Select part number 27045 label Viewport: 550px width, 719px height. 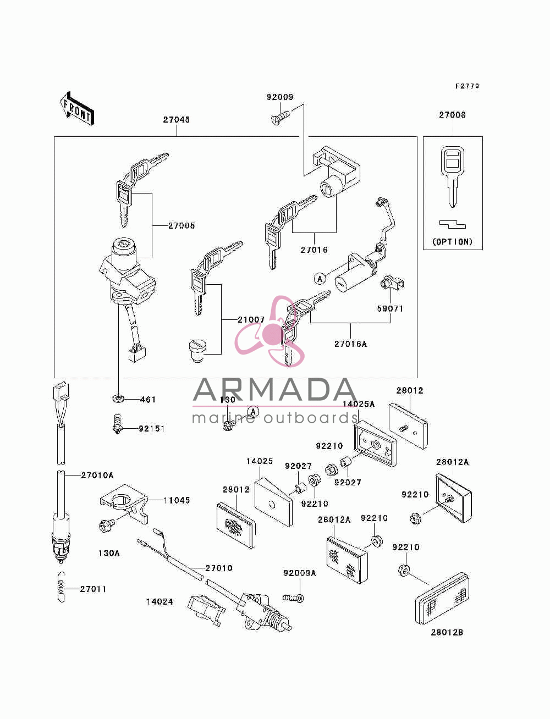pos(177,120)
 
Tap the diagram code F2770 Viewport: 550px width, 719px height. pos(467,86)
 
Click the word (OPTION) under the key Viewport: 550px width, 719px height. pos(452,242)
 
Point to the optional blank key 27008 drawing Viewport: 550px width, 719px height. pos(452,177)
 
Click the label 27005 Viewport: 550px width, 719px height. pos(182,225)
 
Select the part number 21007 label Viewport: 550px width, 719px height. pos(251,319)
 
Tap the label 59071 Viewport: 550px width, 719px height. pos(390,308)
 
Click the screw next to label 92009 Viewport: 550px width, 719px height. pos(280,118)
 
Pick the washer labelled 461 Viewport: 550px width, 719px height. pos(118,399)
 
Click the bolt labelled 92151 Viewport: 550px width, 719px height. pos(117,424)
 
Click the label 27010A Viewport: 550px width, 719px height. pos(97,475)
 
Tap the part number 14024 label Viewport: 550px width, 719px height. pos(159,602)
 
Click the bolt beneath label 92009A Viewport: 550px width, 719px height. pos(293,598)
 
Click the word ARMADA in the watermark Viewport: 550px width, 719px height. pos(274,390)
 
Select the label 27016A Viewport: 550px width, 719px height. pos(351,344)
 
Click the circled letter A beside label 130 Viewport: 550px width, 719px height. pos(253,411)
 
